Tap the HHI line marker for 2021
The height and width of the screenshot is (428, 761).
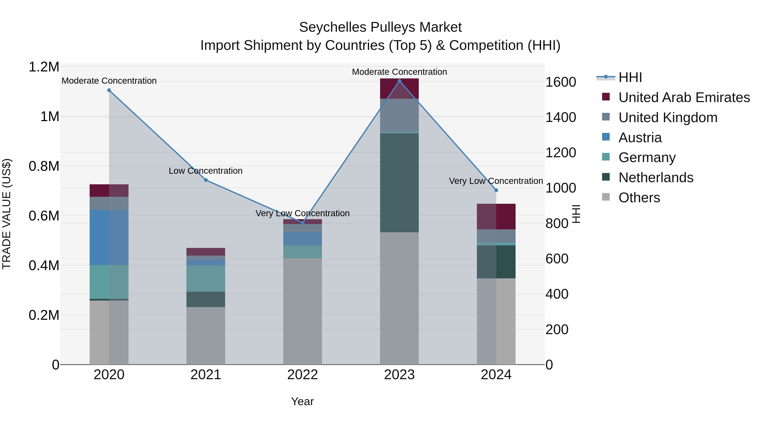point(206,180)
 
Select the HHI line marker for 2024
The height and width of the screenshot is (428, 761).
point(496,190)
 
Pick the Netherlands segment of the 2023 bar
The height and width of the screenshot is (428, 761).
point(399,183)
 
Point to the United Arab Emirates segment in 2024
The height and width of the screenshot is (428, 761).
point(496,216)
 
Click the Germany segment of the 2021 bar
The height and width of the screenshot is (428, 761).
point(206,279)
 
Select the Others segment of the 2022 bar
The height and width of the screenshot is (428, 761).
point(302,311)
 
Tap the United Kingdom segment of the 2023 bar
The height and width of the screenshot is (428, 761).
point(399,115)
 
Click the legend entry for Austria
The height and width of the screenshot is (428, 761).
point(640,138)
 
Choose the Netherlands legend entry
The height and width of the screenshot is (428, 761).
point(656,178)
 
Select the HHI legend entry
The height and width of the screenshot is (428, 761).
point(630,77)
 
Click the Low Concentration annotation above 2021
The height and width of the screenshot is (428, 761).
point(206,171)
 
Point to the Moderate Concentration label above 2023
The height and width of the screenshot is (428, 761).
point(399,72)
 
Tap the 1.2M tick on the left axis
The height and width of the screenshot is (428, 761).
point(44,67)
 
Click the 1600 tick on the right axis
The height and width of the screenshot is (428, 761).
point(560,82)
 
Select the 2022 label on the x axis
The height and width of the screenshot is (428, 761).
point(302,375)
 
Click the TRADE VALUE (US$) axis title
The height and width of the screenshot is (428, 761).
point(7,214)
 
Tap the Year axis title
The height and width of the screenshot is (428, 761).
point(302,401)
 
